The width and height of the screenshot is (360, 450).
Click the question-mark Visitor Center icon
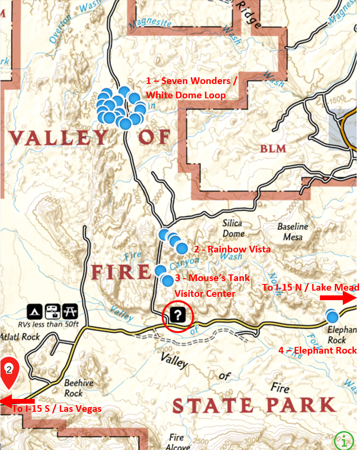(177, 315)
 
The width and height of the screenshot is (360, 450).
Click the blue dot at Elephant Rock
(332, 316)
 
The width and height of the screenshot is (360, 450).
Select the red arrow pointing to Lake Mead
(338, 298)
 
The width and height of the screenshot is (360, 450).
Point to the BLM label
(274, 149)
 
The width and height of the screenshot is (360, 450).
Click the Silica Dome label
(232, 228)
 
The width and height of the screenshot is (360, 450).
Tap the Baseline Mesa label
(293, 231)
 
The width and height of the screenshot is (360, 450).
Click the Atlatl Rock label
(20, 337)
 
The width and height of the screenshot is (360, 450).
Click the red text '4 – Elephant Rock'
(317, 350)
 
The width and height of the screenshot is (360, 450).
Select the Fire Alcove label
(177, 442)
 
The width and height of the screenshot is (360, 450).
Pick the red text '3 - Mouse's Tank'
(212, 278)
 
